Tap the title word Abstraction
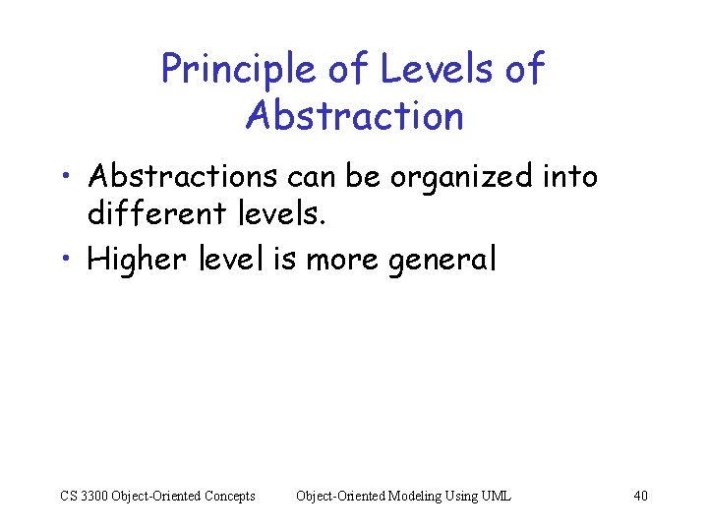pos(354,116)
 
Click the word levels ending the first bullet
pos(282,210)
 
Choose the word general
pos(445,262)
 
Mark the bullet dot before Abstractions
pos(64,178)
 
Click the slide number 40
pos(640,496)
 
